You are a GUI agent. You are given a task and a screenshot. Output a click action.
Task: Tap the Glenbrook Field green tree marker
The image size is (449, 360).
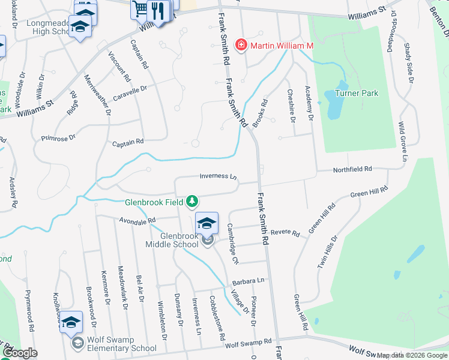(x=192, y=201)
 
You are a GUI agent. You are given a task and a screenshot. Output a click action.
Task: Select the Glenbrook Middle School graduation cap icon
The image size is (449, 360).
(x=206, y=223)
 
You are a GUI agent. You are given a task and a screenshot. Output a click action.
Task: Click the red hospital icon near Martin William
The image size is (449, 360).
(x=241, y=45)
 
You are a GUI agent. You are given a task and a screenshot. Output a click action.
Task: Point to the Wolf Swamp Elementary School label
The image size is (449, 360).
(x=122, y=347)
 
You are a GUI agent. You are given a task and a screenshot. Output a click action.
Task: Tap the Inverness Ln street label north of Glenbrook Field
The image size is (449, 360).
(x=219, y=176)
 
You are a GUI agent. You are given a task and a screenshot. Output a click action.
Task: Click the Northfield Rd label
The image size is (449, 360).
(x=353, y=170)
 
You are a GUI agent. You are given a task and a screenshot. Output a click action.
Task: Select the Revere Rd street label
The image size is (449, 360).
(x=285, y=232)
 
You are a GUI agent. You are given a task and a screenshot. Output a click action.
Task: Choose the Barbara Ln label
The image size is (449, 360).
(x=249, y=281)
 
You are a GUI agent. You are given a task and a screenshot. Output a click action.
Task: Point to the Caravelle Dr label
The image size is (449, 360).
(x=131, y=91)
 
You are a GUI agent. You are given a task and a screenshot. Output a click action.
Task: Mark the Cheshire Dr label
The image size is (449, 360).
(x=291, y=106)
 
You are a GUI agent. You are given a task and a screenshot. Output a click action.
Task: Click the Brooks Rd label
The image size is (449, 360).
(x=259, y=113)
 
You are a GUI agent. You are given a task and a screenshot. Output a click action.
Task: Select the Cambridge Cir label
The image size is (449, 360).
(x=233, y=244)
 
